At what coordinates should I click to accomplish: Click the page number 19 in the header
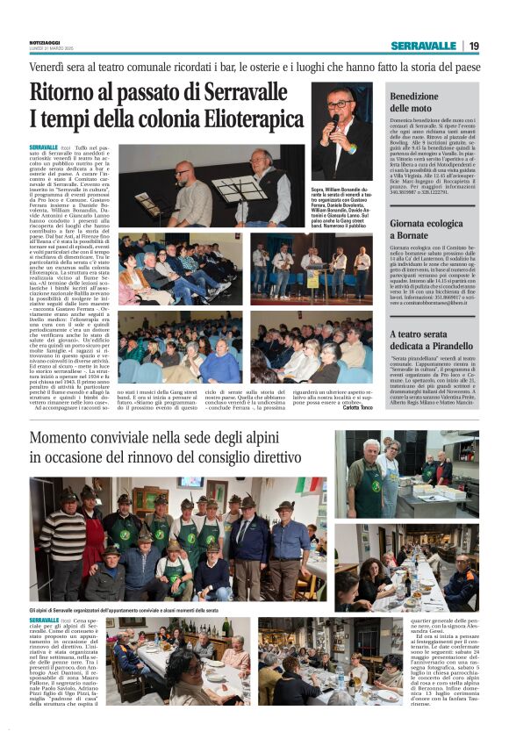(474, 46)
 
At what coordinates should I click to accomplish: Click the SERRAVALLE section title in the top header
(424, 46)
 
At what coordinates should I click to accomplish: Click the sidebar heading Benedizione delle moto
(413, 102)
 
